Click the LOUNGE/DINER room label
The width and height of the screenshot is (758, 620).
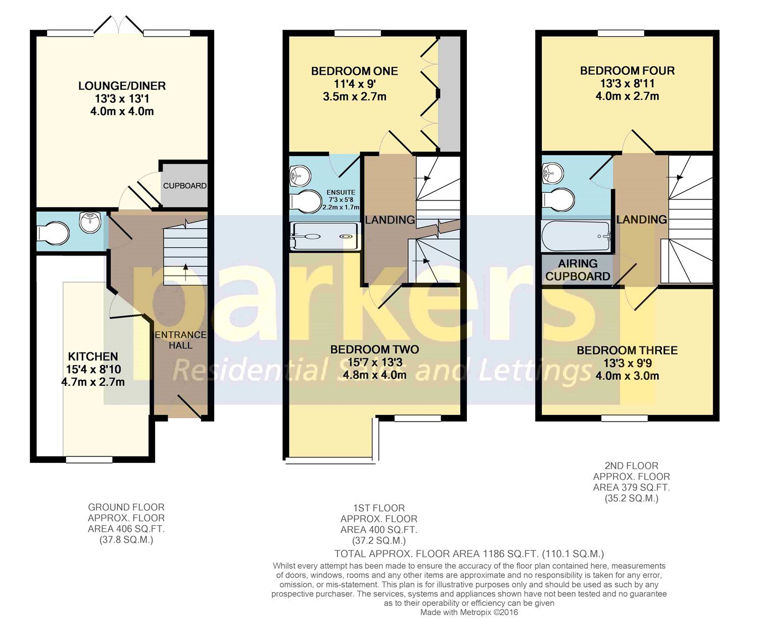point(122,86)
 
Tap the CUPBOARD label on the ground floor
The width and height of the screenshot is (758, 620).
point(184,186)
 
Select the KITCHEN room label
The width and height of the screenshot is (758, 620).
point(93,356)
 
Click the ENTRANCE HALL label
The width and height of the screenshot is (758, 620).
point(180,340)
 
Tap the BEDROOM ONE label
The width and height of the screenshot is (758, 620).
point(354,71)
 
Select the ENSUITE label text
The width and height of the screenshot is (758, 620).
point(341,192)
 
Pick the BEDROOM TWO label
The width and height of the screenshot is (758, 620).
point(374,349)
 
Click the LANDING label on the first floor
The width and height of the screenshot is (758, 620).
point(390,220)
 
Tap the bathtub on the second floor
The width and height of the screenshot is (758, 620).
point(576,236)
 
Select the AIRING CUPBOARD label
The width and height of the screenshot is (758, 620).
point(578,270)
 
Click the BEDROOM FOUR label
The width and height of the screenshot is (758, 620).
point(627,71)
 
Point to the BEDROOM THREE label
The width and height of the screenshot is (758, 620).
point(627,350)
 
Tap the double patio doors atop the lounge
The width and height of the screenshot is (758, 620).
point(118,25)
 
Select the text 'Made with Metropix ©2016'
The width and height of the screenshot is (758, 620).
point(469,612)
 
